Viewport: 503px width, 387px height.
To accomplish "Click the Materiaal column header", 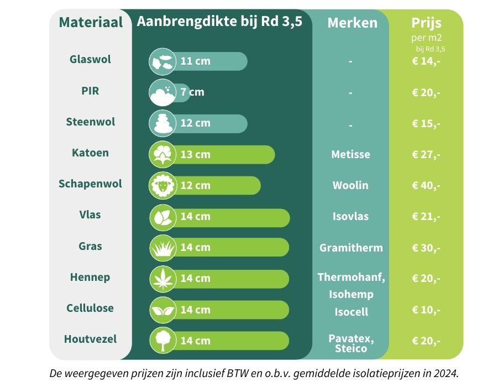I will click(x=91, y=23).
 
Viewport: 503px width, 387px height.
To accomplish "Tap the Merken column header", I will click(x=352, y=23).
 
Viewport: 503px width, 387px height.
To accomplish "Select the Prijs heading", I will click(x=426, y=23).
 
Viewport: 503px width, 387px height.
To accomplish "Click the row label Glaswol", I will click(x=90, y=59).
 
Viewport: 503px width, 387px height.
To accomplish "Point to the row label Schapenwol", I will click(x=90, y=184).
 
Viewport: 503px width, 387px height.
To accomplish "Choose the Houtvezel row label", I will click(x=90, y=339).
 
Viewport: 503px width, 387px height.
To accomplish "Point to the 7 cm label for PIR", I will click(x=192, y=92).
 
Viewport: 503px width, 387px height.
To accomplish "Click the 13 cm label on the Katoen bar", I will click(x=195, y=154).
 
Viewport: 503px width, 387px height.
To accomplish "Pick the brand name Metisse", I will click(x=350, y=154).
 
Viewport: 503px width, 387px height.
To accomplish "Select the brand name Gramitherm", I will click(x=351, y=248).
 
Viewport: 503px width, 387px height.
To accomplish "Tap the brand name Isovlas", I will click(x=350, y=216).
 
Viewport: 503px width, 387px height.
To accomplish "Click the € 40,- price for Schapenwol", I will click(x=426, y=185).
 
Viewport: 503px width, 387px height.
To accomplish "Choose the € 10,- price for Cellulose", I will click(x=426, y=310).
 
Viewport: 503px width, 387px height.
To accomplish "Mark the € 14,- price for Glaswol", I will click(x=426, y=61).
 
